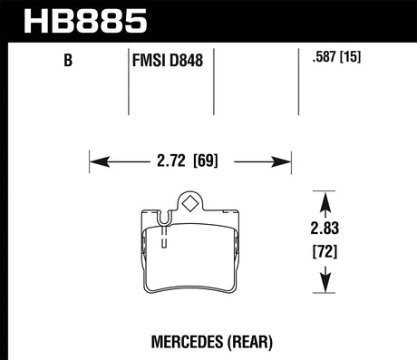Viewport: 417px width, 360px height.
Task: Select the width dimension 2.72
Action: (173, 163)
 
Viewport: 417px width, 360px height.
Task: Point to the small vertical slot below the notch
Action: (164, 239)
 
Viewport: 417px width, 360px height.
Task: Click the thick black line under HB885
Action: (208, 39)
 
